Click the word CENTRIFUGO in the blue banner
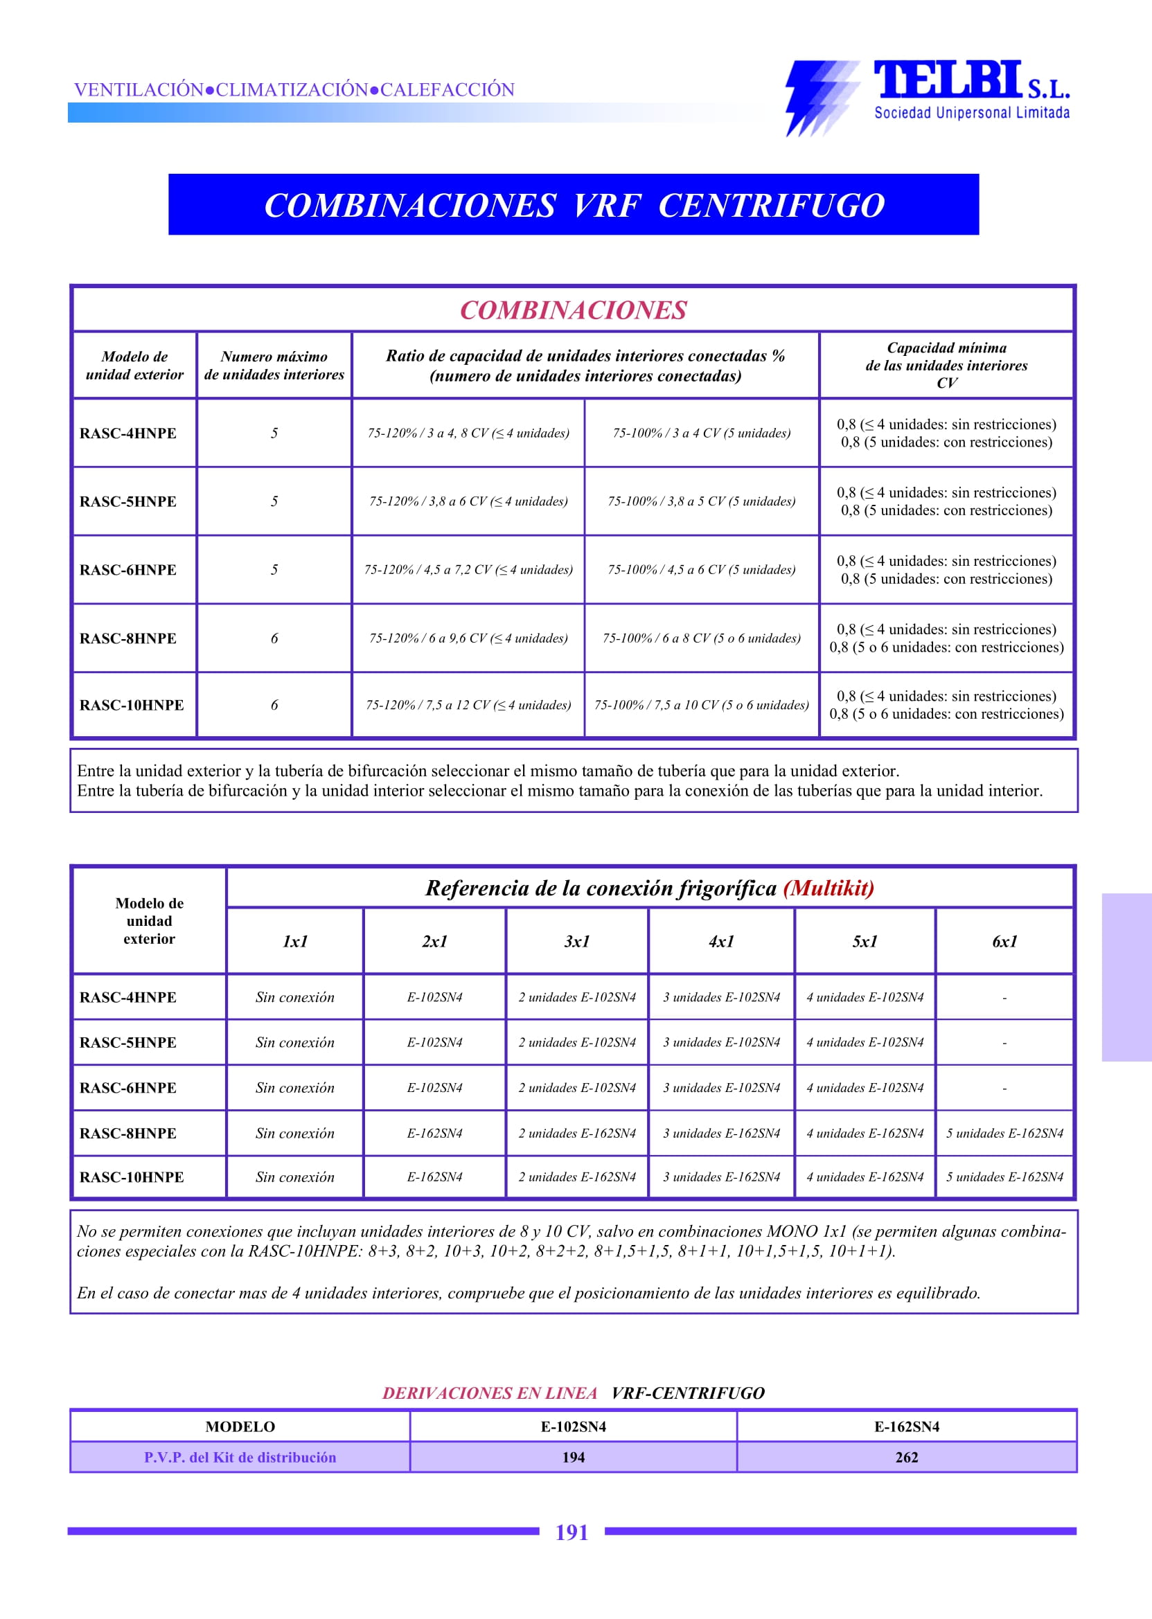click(771, 206)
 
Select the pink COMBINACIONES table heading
click(573, 310)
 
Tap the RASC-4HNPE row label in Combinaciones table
click(127, 433)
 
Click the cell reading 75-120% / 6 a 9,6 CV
click(468, 638)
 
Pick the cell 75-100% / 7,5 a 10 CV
click(702, 705)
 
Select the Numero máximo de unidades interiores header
click(274, 365)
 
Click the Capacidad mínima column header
click(946, 364)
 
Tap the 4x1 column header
click(720, 941)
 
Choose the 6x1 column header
click(1004, 941)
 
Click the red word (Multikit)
click(828, 888)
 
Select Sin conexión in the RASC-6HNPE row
click(295, 1088)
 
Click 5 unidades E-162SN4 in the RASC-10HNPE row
click(1004, 1177)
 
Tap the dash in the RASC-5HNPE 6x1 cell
click(1004, 1043)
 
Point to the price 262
click(907, 1458)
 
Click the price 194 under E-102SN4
click(573, 1458)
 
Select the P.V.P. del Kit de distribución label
click(240, 1458)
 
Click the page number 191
click(571, 1532)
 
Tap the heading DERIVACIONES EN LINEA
click(490, 1393)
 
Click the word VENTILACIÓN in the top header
click(139, 89)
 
